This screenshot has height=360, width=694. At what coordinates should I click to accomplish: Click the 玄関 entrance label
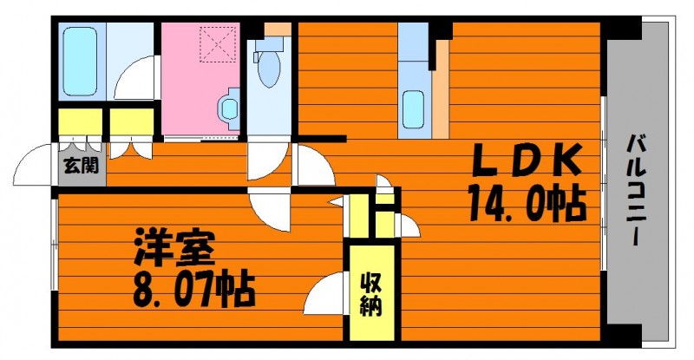click(x=81, y=166)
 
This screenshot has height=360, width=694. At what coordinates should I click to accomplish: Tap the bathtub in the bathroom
click(x=80, y=61)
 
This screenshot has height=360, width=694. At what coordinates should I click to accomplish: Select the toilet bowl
click(x=269, y=69)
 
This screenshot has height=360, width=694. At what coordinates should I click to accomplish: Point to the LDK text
click(x=527, y=160)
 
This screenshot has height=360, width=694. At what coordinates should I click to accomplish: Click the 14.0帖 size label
click(x=527, y=202)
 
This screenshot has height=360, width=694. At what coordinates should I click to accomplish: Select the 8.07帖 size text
click(x=193, y=290)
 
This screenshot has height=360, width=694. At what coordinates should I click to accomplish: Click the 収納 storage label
click(x=371, y=295)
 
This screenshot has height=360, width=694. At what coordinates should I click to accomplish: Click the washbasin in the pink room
click(x=228, y=108)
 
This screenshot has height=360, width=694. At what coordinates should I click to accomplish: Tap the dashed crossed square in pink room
click(x=218, y=45)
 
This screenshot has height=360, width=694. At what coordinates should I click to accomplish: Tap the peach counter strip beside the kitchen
click(x=441, y=89)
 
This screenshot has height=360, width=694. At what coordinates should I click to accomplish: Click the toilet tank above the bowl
click(x=268, y=43)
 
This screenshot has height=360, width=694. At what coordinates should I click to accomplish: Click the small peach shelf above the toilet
click(x=278, y=29)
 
